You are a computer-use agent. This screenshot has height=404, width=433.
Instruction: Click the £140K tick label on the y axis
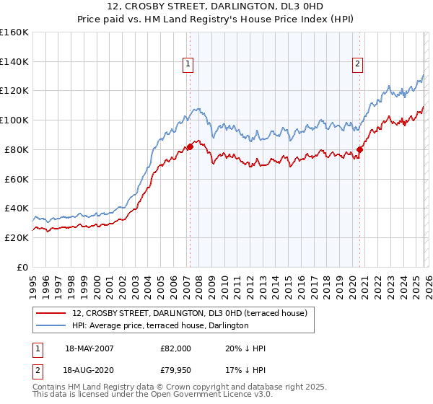click(14, 61)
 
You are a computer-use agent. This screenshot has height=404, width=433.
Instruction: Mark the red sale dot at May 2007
click(190, 146)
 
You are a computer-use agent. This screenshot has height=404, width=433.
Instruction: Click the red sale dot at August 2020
click(359, 149)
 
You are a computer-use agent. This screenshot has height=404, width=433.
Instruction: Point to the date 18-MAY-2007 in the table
click(89, 348)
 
